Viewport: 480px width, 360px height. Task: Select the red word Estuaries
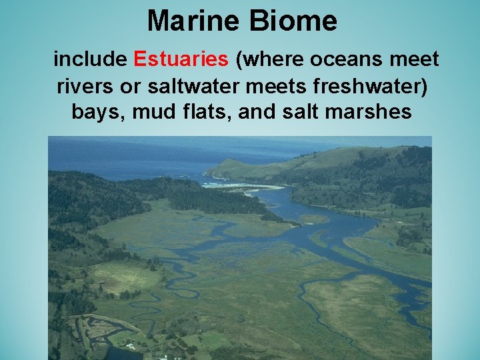(x=181, y=59)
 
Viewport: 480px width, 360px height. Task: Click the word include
(x=90, y=59)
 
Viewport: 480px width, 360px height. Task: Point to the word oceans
(x=345, y=59)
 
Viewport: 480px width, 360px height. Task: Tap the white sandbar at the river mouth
(x=247, y=186)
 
